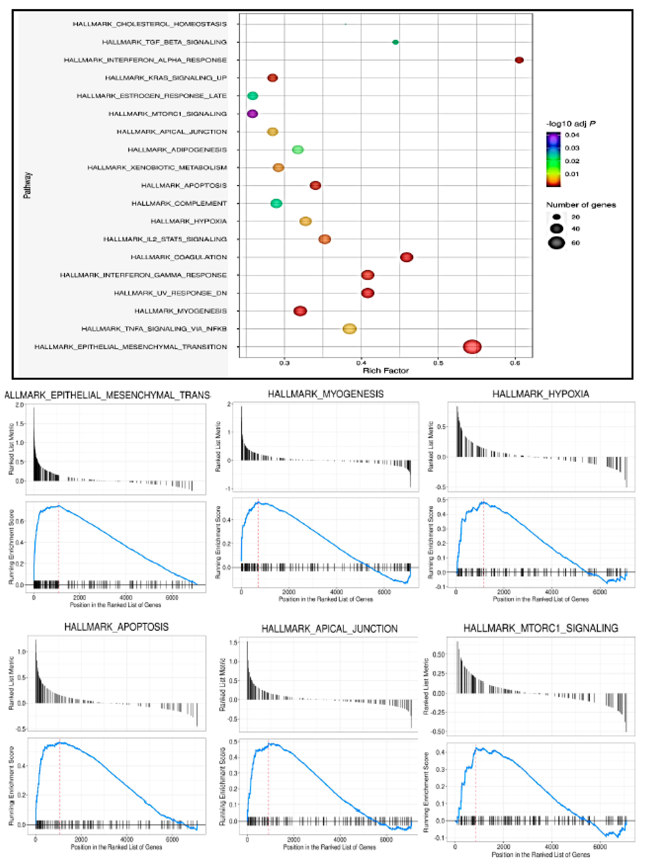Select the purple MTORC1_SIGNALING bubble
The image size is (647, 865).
[x=252, y=114]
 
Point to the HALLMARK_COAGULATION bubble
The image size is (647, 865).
[x=407, y=257]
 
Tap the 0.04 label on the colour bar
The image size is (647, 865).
[x=572, y=135]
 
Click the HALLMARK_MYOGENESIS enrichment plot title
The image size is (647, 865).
[x=325, y=394]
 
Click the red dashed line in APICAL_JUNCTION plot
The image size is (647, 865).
[x=268, y=790]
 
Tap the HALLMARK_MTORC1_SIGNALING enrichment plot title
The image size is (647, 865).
[x=541, y=628]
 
